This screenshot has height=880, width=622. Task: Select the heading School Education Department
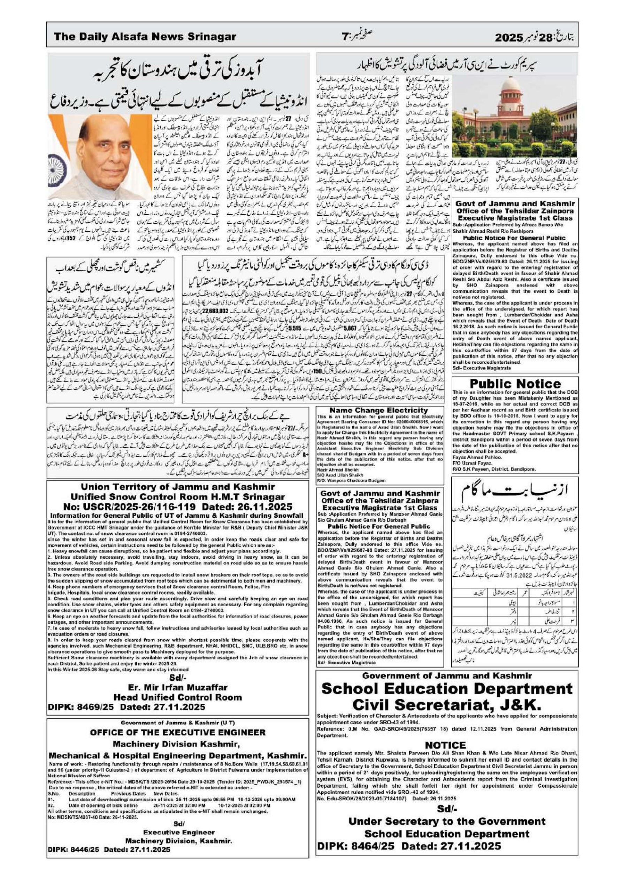pos(447,688)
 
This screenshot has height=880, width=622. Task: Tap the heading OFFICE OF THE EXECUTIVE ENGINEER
pos(178,732)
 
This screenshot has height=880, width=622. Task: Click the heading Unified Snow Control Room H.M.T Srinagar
pos(178,496)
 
